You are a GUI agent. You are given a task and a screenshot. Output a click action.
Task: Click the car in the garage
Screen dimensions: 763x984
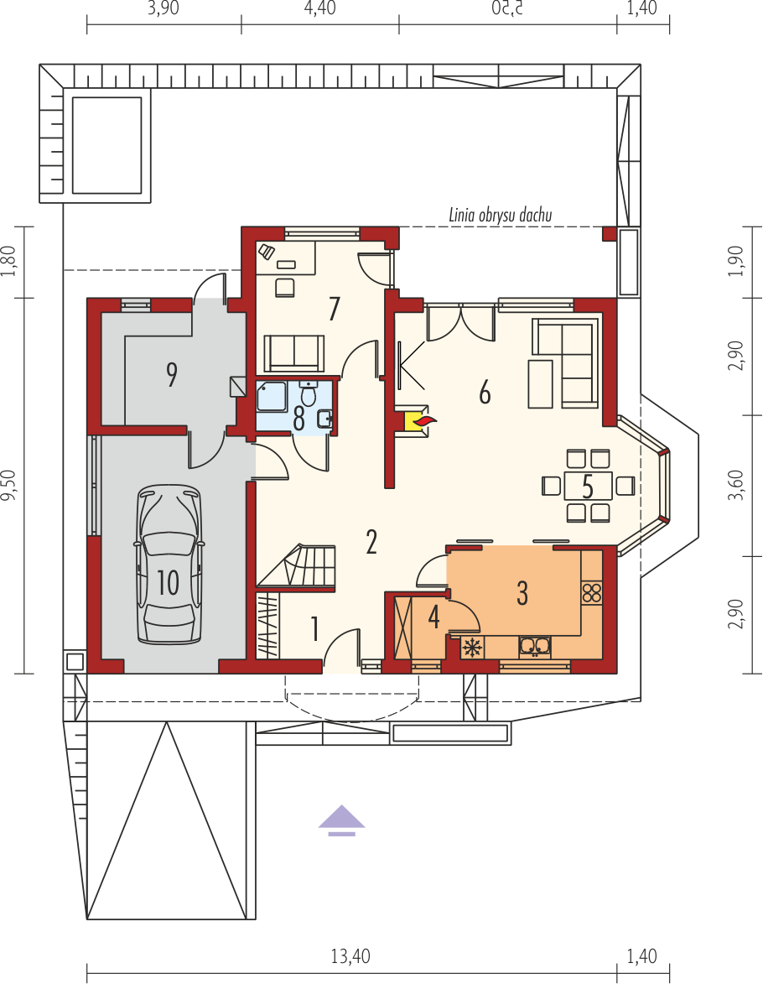[x=169, y=564]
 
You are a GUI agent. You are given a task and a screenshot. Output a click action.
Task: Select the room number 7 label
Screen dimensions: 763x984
[x=334, y=309]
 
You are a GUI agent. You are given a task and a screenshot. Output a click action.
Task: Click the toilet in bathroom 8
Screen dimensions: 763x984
[x=308, y=393]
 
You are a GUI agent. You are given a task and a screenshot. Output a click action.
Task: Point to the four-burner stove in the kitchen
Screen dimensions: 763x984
[x=592, y=593]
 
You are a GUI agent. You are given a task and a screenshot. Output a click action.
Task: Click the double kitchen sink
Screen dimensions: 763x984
[x=534, y=647]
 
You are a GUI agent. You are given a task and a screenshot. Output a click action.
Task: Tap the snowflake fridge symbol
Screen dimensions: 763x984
[x=472, y=648]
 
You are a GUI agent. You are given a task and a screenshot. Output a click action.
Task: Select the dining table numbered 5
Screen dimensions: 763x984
[x=588, y=486]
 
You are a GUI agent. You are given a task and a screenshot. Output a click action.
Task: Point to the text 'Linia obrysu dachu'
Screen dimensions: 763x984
[x=500, y=216]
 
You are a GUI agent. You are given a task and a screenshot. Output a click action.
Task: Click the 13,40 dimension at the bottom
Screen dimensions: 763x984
[x=350, y=956]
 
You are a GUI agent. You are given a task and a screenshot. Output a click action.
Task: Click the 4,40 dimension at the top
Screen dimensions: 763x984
[x=319, y=8]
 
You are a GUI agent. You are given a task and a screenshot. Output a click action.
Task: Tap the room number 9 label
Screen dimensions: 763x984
[x=171, y=375]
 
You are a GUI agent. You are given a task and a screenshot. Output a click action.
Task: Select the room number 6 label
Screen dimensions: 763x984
[x=485, y=393]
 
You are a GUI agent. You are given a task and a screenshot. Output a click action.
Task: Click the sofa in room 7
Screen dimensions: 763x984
[x=294, y=352]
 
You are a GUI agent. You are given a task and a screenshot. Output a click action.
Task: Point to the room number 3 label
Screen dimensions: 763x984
[x=522, y=593]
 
